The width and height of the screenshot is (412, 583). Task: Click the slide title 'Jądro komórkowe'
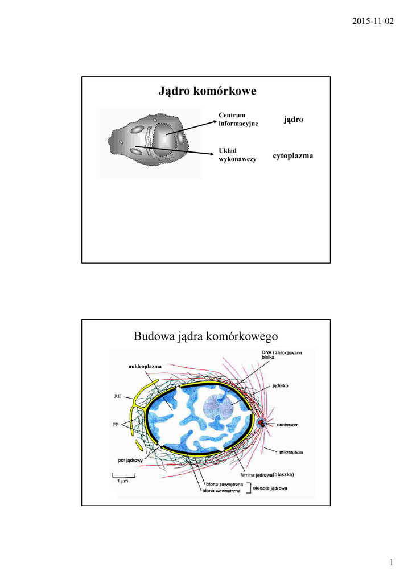206,92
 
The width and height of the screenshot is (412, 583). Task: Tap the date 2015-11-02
372,21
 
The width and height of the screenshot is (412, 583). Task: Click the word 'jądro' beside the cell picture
293,120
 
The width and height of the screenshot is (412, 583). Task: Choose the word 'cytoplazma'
292,155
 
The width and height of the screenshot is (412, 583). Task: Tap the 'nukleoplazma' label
145,366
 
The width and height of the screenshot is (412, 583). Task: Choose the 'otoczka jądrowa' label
274,488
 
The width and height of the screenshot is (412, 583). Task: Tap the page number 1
392,563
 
